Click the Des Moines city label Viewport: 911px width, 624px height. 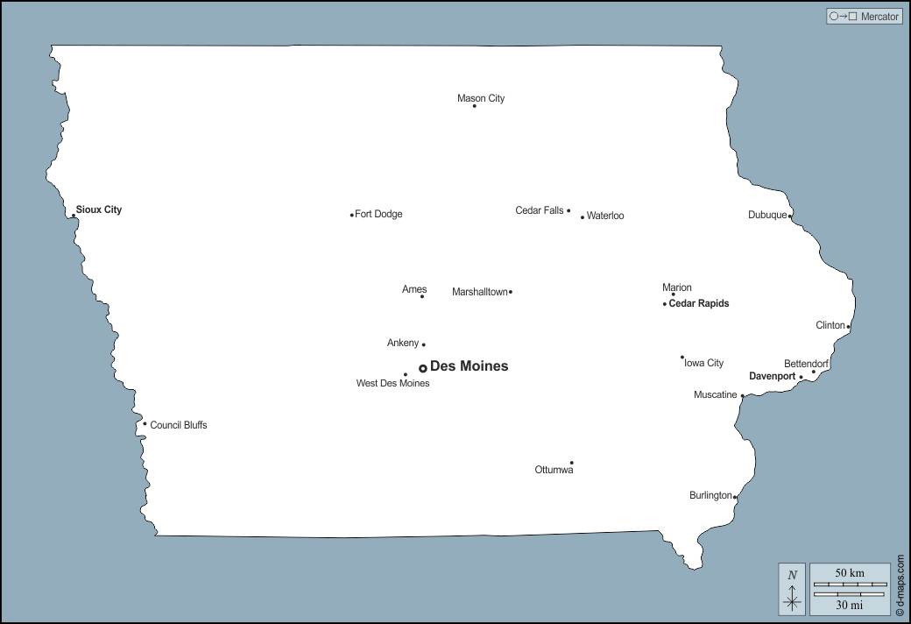469,366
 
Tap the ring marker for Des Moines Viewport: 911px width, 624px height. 422,368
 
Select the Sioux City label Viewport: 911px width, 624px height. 99,210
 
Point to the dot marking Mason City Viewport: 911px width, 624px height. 474,106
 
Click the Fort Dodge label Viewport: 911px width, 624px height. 378,215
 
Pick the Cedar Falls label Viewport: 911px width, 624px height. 540,210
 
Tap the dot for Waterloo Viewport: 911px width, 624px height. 582,216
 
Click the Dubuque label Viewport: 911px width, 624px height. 767,216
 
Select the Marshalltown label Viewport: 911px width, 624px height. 479,292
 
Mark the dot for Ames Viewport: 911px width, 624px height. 422,296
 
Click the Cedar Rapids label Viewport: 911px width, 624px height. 698,304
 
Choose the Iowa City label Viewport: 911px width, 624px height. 704,363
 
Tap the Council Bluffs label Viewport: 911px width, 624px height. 179,425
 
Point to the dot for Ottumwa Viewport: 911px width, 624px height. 571,463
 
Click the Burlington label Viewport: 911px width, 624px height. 710,496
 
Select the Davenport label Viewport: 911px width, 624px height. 772,377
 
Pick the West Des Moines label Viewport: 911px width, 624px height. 392,384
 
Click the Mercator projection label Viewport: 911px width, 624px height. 879,17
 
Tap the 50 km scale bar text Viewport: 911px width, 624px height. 850,573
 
